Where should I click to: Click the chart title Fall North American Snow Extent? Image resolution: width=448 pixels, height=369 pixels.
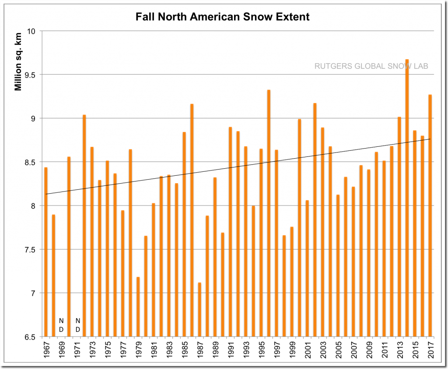point(222,17)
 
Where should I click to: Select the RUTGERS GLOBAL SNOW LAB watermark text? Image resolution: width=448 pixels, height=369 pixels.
point(371,66)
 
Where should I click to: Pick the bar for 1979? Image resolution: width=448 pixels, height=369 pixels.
point(138,307)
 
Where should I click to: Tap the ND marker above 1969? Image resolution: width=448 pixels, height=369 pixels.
point(61,325)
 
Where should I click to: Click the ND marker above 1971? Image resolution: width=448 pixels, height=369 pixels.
point(77,325)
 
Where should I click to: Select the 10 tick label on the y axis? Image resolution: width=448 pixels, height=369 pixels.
point(32,31)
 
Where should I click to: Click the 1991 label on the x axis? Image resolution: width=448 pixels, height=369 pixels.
point(230,351)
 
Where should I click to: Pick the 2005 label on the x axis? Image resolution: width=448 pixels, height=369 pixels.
point(338,351)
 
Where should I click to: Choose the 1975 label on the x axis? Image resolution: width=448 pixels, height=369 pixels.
point(107,351)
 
